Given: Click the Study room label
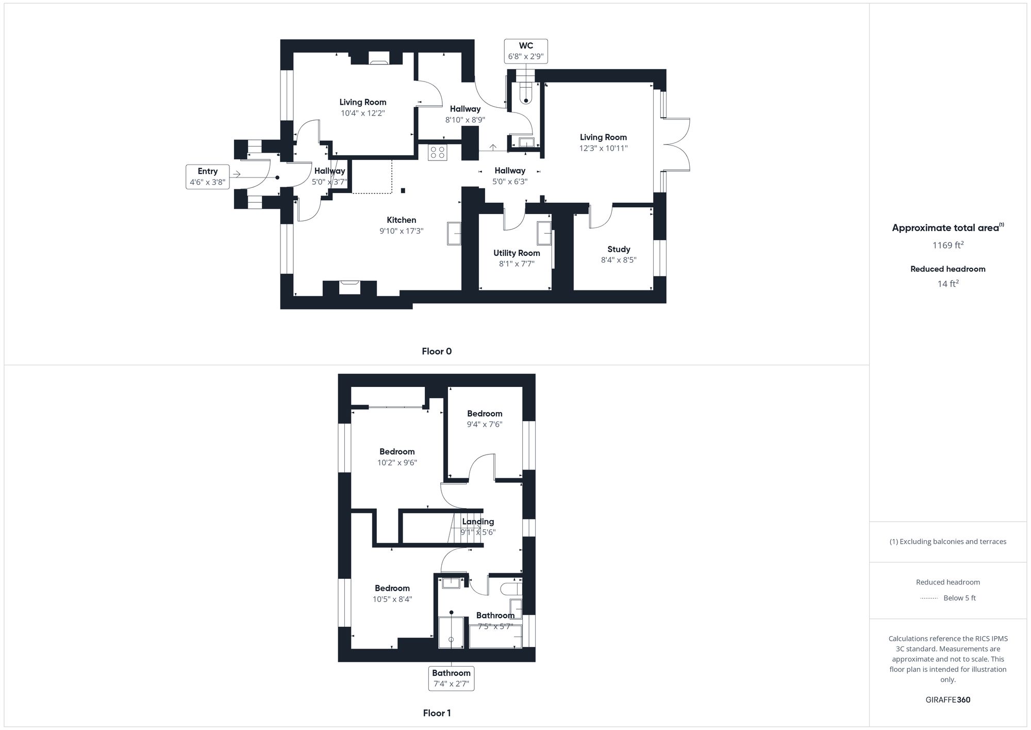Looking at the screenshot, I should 619,249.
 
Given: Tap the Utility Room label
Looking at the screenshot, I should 517,253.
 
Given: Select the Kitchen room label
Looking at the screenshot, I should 401,220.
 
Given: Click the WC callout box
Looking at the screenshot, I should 526,51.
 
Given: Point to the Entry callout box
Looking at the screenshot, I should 208,176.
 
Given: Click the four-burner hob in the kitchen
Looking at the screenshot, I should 438,152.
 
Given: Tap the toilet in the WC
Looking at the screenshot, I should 526,93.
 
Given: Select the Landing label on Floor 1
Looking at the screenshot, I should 478,522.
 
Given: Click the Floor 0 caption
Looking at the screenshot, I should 437,351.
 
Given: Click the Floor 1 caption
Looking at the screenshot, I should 437,713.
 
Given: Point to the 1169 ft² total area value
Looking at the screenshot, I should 947,245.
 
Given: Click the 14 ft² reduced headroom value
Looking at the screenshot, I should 947,283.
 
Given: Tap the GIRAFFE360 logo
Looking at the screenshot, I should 947,700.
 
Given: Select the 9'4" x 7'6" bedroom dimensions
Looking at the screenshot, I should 485,425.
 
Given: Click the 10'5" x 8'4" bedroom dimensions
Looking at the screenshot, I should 392,599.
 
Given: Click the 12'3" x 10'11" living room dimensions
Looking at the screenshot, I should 603,149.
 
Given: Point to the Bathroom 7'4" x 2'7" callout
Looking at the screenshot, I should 451,678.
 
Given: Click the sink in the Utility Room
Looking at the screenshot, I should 544,233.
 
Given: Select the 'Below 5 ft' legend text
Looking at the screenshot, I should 959,598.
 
